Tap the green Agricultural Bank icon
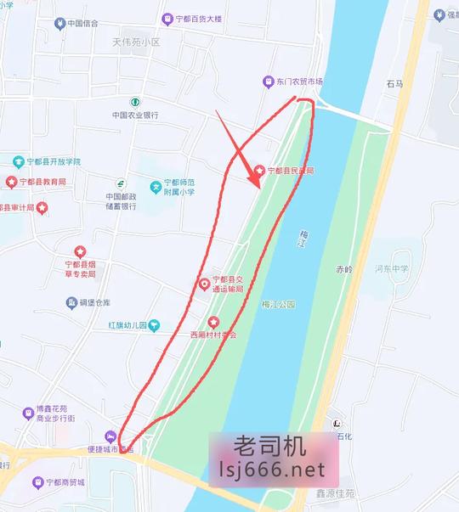[x=134, y=102]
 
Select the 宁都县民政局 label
[x=292, y=171]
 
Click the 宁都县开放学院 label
[x=53, y=161]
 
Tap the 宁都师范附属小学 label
[x=183, y=191]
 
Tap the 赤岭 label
[x=343, y=269]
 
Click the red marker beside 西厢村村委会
[x=213, y=322]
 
